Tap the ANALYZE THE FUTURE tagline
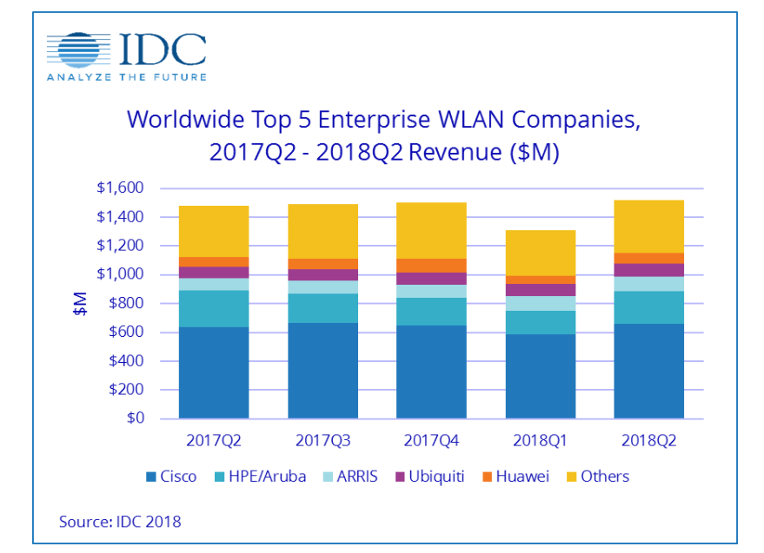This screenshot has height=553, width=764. pyautogui.click(x=127, y=77)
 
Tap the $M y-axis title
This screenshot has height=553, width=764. pyautogui.click(x=80, y=304)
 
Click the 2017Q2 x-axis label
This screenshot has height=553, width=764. pyautogui.click(x=214, y=439)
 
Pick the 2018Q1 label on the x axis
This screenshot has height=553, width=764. pyautogui.click(x=540, y=439)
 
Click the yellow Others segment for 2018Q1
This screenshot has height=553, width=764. pyautogui.click(x=540, y=253)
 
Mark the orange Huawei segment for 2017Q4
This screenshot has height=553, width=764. pyautogui.click(x=431, y=265)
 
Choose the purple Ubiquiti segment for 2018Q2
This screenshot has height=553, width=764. pyautogui.click(x=648, y=270)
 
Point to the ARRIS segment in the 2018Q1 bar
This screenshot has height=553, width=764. pyautogui.click(x=540, y=303)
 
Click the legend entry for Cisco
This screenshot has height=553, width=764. pyautogui.click(x=170, y=477)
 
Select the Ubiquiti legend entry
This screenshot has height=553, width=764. pyautogui.click(x=432, y=477)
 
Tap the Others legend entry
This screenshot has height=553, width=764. pyautogui.click(x=596, y=477)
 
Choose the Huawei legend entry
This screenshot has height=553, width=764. pyautogui.click(x=516, y=477)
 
